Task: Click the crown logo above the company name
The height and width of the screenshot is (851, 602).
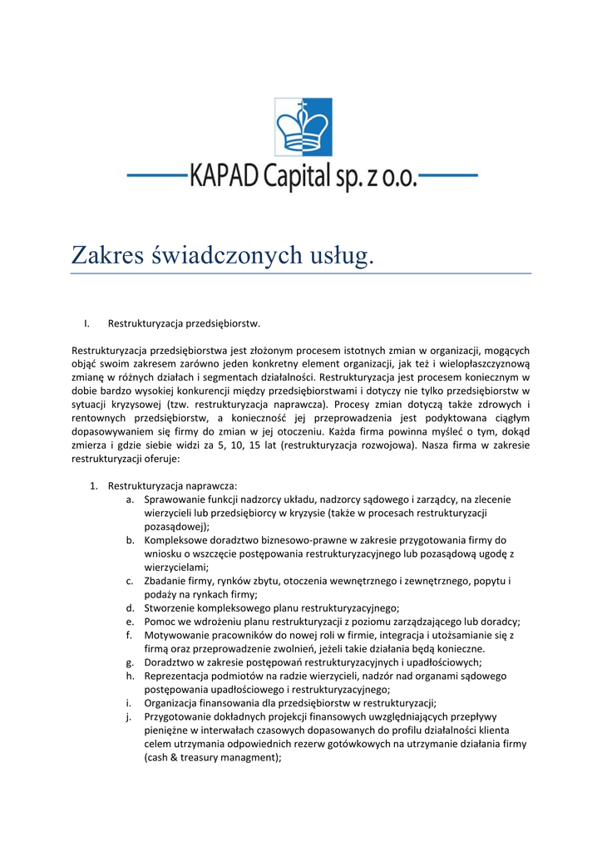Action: [x=303, y=127]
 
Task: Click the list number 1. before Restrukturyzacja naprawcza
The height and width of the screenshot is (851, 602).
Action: [x=95, y=485]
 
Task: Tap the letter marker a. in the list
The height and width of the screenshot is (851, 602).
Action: [x=131, y=499]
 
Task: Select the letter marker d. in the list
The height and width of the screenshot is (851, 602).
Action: [x=131, y=608]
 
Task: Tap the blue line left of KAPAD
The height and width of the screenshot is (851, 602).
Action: [x=158, y=176]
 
